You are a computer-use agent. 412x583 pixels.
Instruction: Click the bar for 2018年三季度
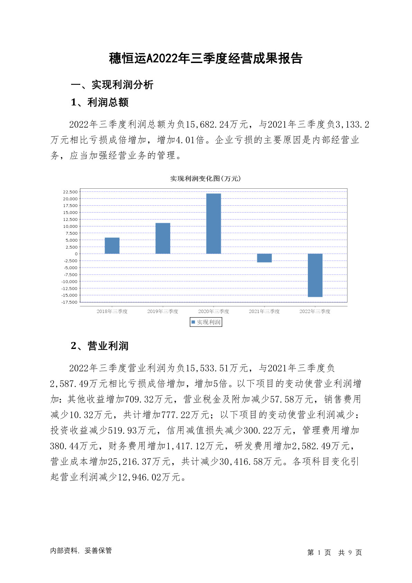point(112,245)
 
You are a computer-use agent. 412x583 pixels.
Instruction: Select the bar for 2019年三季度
point(163,238)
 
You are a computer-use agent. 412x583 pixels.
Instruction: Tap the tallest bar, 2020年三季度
point(213,224)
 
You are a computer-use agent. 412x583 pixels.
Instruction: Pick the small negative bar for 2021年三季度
point(264,258)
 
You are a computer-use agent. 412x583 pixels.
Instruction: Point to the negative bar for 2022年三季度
point(315,275)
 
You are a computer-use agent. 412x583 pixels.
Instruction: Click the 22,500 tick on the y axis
point(70,192)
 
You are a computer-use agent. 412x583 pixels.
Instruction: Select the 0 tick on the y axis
point(76,254)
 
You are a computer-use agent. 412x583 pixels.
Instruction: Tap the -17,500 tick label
point(70,302)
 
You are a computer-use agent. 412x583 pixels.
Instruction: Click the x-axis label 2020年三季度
point(213,311)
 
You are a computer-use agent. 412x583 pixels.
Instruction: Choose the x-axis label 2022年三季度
point(315,311)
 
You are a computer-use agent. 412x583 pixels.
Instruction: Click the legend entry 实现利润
point(206,322)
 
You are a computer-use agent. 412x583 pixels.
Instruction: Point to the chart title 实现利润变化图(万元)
point(205,179)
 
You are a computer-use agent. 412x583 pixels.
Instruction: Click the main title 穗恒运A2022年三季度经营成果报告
point(206,59)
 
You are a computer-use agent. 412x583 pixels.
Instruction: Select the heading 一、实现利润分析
point(112,85)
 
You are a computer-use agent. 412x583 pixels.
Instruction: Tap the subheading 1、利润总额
point(100,102)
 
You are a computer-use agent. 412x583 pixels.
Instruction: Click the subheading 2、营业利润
point(100,346)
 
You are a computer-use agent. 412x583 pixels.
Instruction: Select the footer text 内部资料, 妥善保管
point(81,550)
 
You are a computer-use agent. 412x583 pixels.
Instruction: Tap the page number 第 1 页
point(319,553)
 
